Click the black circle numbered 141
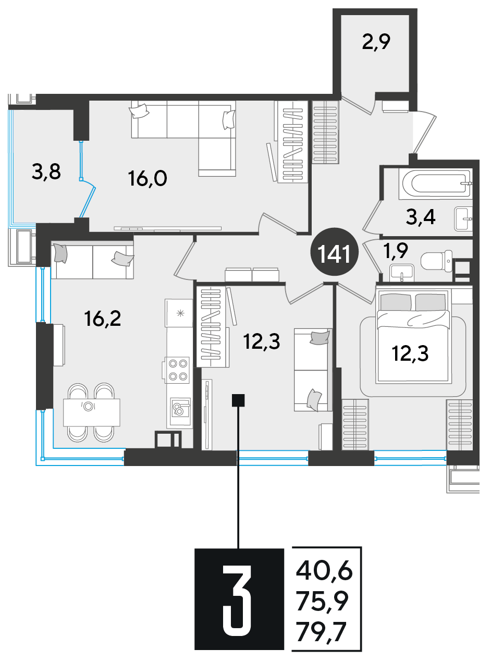coord(334,252)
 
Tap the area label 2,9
coord(376,42)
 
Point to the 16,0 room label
coord(148,179)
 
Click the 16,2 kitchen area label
coord(103,320)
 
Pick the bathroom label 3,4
coord(421,218)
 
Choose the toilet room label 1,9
coord(396,251)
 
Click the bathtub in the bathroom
coord(435,183)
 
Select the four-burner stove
coord(177,370)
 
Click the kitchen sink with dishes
coord(180,408)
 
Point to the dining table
coord(92,412)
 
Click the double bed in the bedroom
coord(413,336)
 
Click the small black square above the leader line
coord(238,401)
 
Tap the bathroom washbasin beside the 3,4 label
coord(463,218)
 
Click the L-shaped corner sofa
coord(183,138)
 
